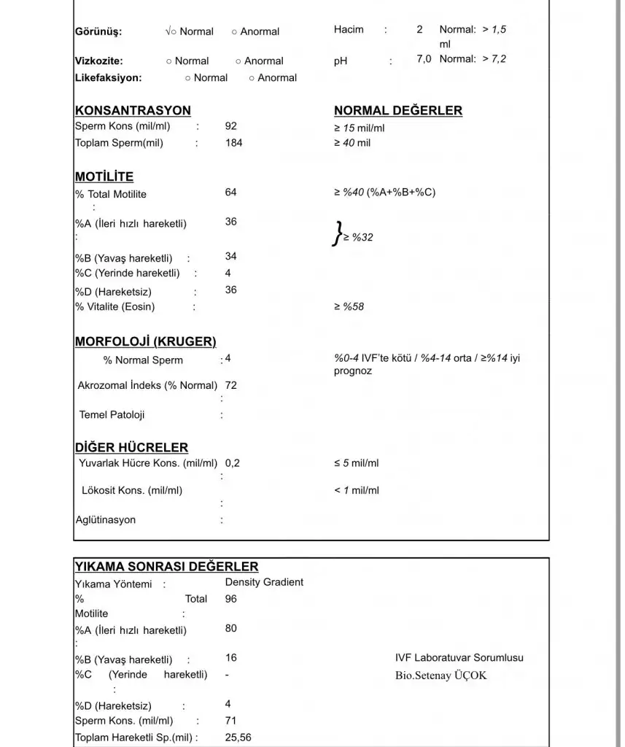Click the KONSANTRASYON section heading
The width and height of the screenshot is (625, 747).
[x=133, y=111]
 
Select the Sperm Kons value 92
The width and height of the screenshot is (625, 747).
[x=231, y=126]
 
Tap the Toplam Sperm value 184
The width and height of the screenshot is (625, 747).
[x=233, y=143]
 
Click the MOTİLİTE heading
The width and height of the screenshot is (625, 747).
[x=104, y=177]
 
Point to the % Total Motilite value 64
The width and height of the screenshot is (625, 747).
[x=231, y=193]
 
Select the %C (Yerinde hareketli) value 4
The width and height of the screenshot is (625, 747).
[x=228, y=274]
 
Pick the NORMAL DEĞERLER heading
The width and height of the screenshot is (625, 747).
[x=397, y=111]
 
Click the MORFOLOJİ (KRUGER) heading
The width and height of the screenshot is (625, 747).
[x=145, y=341]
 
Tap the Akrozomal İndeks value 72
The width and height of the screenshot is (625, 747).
[x=231, y=385]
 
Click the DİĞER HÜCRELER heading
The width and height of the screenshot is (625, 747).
[x=131, y=448]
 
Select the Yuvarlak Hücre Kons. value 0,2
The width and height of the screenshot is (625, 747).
[x=233, y=463]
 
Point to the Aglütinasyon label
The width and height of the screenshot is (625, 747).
[x=106, y=520]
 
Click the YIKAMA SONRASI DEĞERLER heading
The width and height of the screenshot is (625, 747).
[x=166, y=567]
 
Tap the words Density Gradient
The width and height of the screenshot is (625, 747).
[x=264, y=582]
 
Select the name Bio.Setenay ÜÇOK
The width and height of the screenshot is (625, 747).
[x=440, y=676]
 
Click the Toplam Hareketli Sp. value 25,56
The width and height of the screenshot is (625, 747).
[x=238, y=738]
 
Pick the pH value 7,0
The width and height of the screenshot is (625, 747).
[x=424, y=59]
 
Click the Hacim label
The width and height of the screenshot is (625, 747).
[x=349, y=30]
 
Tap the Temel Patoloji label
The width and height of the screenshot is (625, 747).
[x=112, y=415]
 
